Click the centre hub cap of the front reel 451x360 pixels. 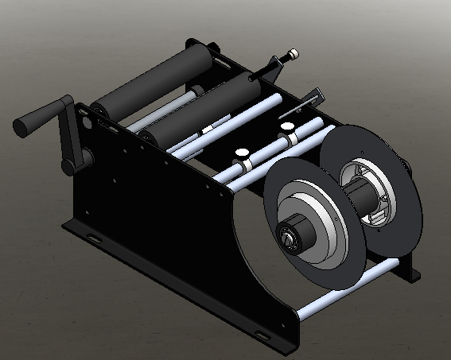288,238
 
